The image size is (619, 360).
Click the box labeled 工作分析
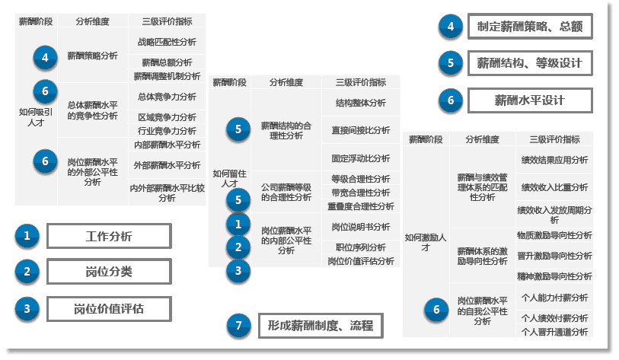pyautogui.click(x=108, y=236)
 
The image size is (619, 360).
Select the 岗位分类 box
pyautogui.click(x=108, y=271)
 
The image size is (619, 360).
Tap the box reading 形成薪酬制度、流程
pyautogui.click(x=320, y=326)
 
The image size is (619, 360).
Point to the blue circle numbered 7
pyautogui.click(x=239, y=326)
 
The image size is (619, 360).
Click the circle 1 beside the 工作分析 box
pyautogui.click(x=27, y=236)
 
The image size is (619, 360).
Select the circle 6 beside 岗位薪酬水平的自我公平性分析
pyautogui.click(x=436, y=309)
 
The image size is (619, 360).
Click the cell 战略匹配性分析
pyautogui.click(x=167, y=42)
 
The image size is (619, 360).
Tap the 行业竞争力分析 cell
pyautogui.click(x=167, y=130)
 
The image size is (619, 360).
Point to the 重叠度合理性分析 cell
pyautogui.click(x=361, y=206)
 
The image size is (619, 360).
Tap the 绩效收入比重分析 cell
pyautogui.click(x=554, y=186)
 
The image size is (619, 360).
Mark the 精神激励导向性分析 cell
pyautogui.click(x=554, y=276)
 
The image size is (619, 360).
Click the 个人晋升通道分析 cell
pyautogui.click(x=554, y=332)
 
